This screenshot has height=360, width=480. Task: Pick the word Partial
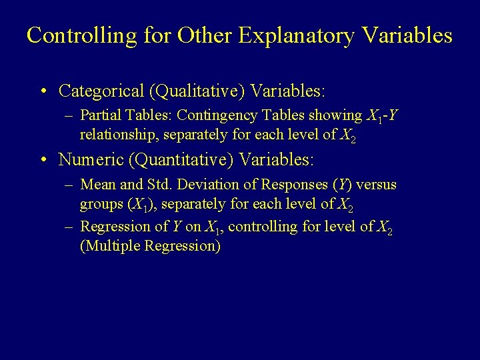click(x=100, y=116)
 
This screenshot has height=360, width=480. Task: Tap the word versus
click(x=376, y=185)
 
